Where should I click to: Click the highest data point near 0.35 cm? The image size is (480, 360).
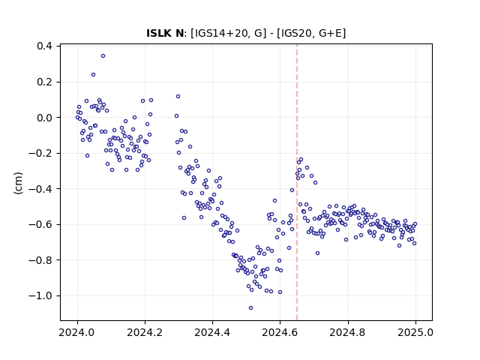pyautogui.click(x=103, y=56)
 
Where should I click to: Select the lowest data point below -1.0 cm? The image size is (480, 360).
pyautogui.click(x=250, y=308)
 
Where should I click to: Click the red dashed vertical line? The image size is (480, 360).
pyautogui.click(x=297, y=182)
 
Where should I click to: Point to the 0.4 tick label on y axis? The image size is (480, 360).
pyautogui.click(x=44, y=46)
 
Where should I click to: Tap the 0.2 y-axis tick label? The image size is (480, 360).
pyautogui.click(x=44, y=82)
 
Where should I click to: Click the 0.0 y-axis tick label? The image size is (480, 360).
pyautogui.click(x=44, y=118)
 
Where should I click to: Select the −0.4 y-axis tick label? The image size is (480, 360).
pyautogui.click(x=40, y=189)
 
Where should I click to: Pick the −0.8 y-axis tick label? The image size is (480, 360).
pyautogui.click(x=40, y=260)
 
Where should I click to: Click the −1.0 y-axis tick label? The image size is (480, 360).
pyautogui.click(x=40, y=295)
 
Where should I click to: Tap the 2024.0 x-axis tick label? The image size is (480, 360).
pyautogui.click(x=77, y=332)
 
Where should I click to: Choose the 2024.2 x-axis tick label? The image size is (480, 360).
pyautogui.click(x=145, y=332)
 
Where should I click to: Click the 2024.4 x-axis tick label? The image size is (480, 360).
pyautogui.click(x=212, y=332)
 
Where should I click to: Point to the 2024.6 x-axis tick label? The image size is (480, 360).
pyautogui.click(x=280, y=332)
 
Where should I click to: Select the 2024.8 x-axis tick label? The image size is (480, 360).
pyautogui.click(x=348, y=332)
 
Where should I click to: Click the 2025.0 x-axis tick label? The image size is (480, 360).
pyautogui.click(x=415, y=332)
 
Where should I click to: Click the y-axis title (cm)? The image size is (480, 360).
pyautogui.click(x=18, y=183)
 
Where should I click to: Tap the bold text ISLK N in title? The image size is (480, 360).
pyautogui.click(x=165, y=33)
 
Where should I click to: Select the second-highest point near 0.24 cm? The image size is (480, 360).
pyautogui.click(x=93, y=75)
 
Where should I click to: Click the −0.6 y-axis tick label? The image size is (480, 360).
pyautogui.click(x=40, y=224)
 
